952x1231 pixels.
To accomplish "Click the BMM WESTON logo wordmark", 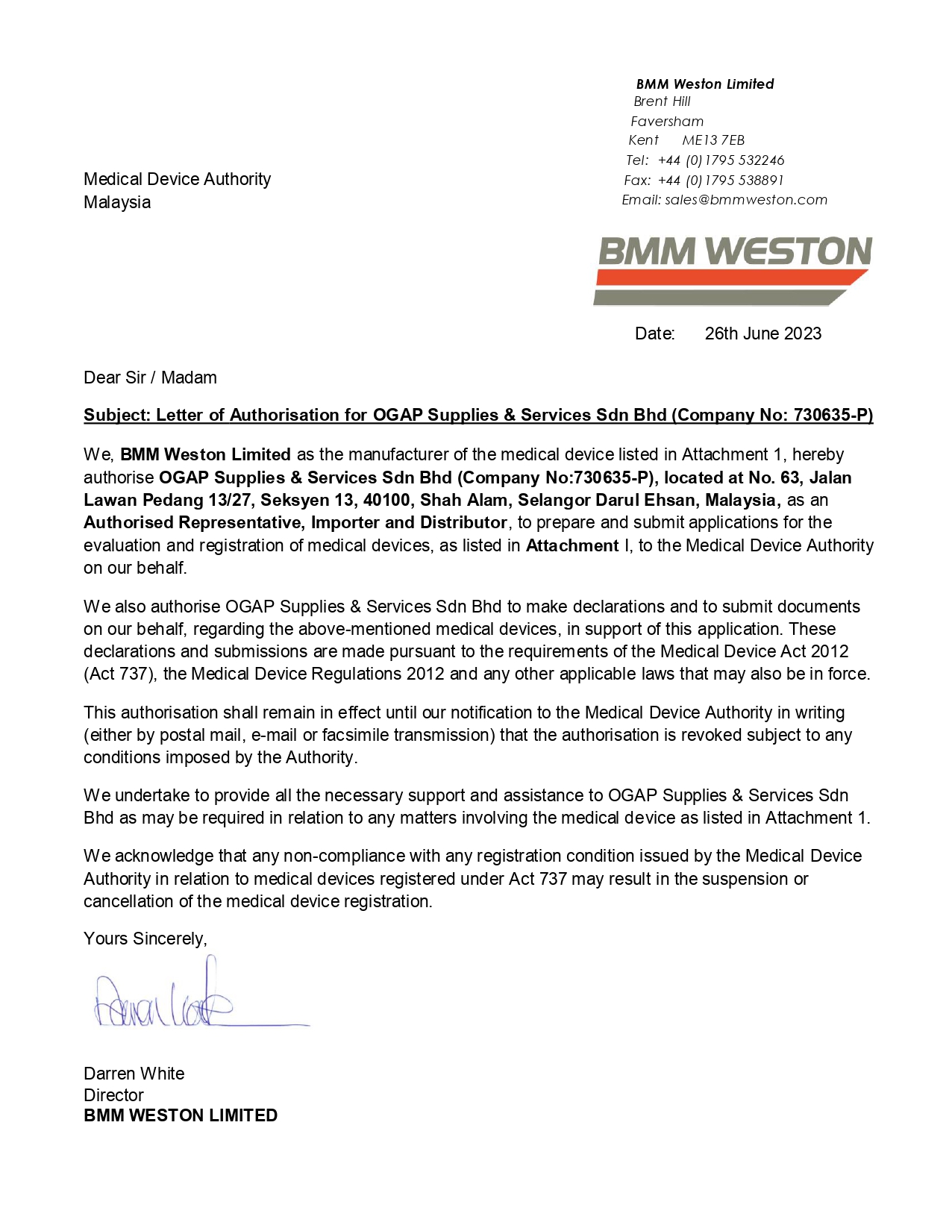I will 735,251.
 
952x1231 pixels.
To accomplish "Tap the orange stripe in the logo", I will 731,278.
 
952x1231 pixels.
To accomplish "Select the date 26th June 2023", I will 762,333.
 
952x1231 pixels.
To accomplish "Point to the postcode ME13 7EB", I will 713,140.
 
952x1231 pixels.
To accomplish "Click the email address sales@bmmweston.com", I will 746,200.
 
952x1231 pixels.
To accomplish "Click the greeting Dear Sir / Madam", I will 150,378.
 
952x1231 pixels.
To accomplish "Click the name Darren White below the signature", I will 134,1074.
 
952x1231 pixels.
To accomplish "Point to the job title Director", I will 113,1095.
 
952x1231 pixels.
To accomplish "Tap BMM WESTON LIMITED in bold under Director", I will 181,1115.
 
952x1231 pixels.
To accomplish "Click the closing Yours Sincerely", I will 145,939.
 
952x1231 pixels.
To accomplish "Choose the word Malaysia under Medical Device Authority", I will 117,202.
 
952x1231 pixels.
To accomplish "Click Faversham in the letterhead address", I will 667,122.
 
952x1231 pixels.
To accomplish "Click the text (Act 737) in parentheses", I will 118,674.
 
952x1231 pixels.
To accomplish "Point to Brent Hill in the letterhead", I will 662,101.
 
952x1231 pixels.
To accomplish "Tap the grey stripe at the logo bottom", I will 720,298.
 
